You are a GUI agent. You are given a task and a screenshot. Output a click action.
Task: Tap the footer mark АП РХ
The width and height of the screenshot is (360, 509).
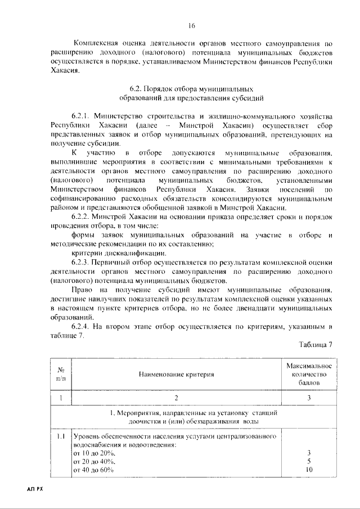[x=34, y=489]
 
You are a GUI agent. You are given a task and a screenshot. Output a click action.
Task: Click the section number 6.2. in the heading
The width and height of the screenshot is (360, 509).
[x=137, y=89]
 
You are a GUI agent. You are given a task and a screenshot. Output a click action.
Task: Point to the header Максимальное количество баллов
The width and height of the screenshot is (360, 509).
[x=309, y=373]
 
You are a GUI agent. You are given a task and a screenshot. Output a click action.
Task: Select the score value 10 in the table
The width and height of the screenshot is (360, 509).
[x=309, y=470]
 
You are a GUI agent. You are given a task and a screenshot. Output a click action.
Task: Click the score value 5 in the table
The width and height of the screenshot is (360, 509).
[x=309, y=461]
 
